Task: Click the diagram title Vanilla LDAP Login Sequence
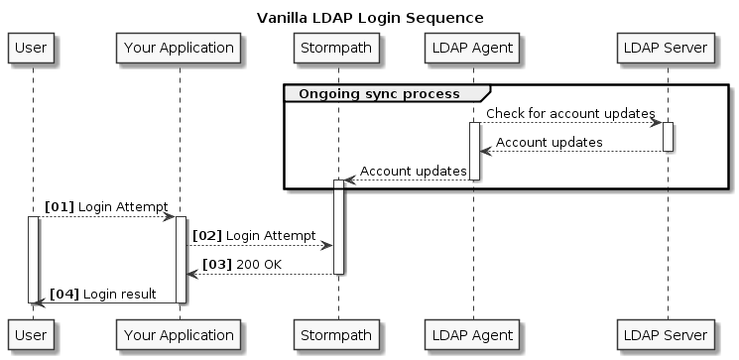click(369, 18)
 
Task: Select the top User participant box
click(32, 47)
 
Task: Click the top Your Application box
click(179, 47)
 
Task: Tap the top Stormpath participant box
click(337, 47)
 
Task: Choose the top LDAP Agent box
click(473, 47)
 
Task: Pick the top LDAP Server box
click(667, 47)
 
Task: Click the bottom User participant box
click(32, 333)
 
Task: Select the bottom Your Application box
click(179, 333)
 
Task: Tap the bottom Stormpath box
click(337, 333)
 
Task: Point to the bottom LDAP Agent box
click(473, 333)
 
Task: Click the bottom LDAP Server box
click(667, 333)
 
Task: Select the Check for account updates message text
click(570, 114)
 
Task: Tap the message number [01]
click(59, 206)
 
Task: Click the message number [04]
click(64, 294)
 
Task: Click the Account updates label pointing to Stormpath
click(413, 172)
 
